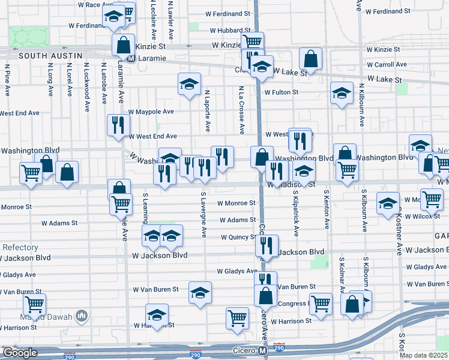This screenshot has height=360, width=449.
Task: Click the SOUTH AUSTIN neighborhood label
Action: point(41,56)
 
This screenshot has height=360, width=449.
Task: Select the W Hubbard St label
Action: point(229,30)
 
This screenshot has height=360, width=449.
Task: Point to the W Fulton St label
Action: point(281,92)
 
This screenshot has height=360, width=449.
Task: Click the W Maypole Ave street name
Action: point(151,112)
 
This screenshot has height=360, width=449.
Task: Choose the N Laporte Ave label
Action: point(206,111)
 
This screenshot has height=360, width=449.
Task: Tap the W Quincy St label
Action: point(238,237)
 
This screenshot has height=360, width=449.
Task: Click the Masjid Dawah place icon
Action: point(82,316)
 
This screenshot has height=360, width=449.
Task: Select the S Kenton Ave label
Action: point(327,210)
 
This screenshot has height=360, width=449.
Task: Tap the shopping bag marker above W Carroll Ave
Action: point(311,59)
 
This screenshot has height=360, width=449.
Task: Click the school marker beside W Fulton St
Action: point(342,93)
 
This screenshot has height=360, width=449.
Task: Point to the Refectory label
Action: point(20,247)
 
